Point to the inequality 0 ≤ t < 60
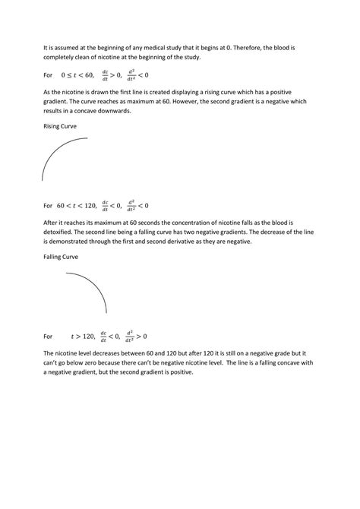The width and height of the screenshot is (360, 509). pos(79,75)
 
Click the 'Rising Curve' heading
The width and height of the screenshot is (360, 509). pos(60,126)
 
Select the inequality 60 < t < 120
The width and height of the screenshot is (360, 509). pos(81,205)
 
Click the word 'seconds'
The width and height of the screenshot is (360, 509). pos(137,223)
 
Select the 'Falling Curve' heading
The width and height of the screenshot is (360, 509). pos(61,257)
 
